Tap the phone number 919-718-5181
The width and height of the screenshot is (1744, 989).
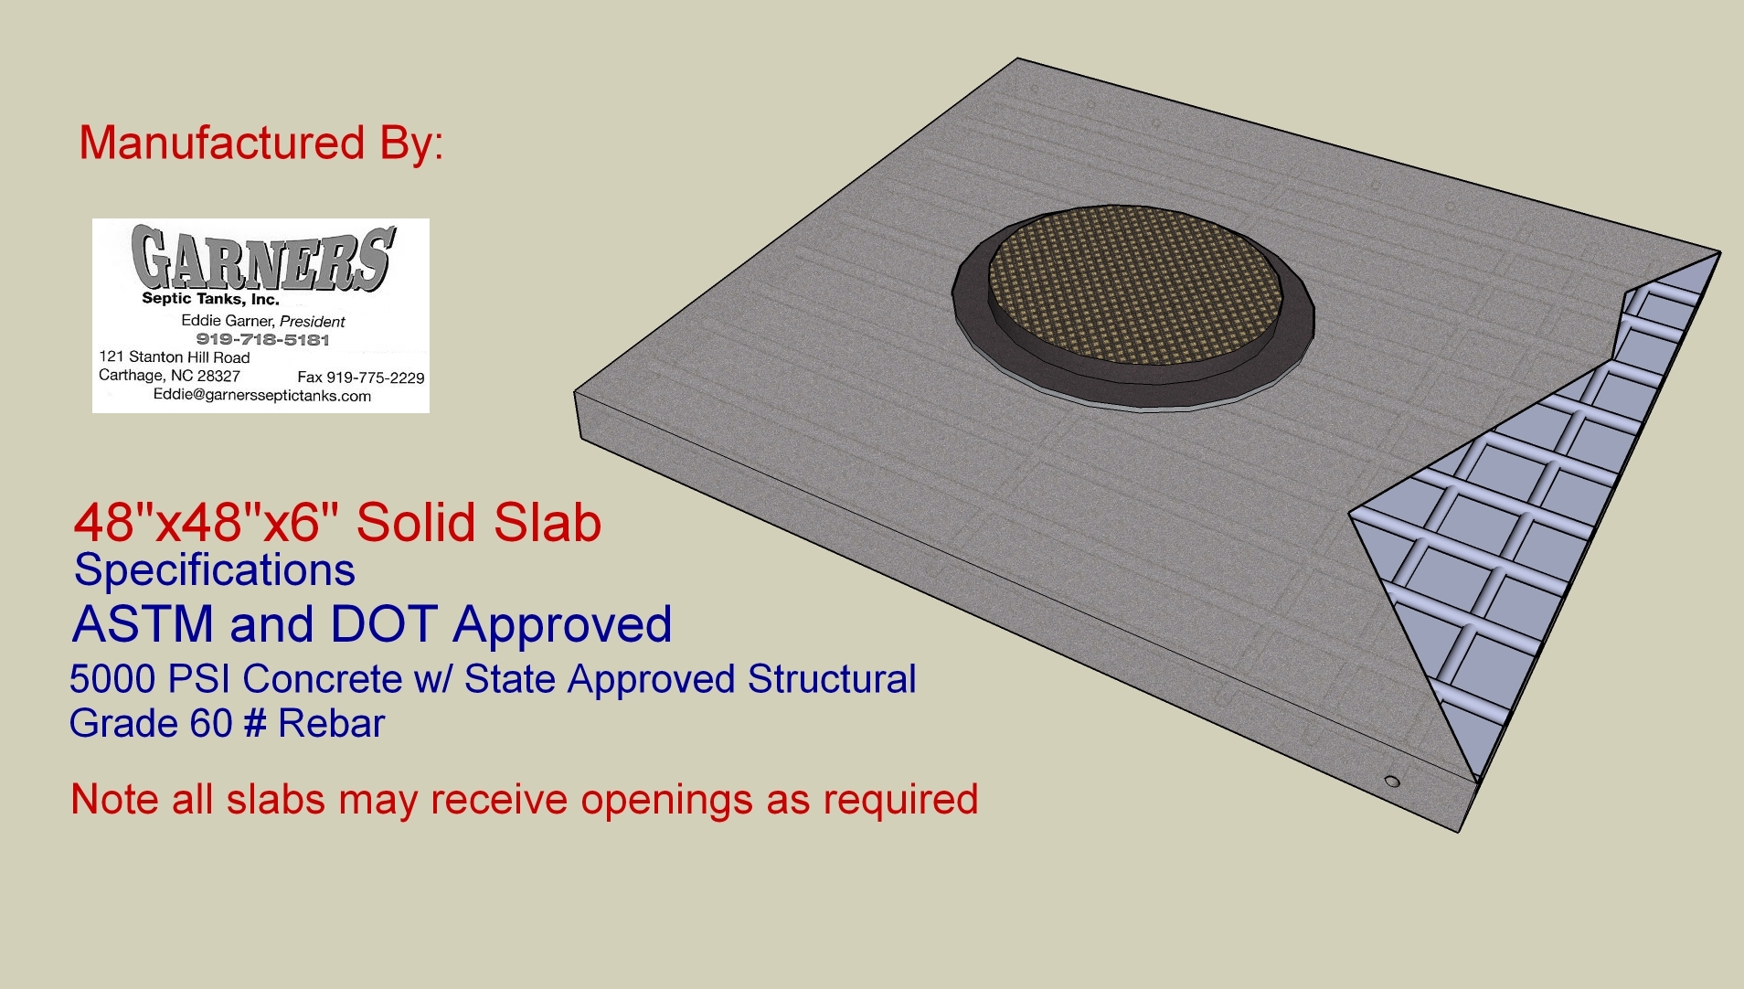[x=262, y=339]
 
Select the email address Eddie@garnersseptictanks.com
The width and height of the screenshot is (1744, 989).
[x=262, y=396]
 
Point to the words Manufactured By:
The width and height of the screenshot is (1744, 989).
[x=261, y=143]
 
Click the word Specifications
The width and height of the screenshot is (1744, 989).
[x=215, y=571]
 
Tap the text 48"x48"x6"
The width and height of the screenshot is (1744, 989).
[x=207, y=523]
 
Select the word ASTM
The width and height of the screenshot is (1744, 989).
[x=144, y=624]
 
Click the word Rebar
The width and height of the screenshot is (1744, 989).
[x=331, y=724]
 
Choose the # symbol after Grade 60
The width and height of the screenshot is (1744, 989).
[x=256, y=724]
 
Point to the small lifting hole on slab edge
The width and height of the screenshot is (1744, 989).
[x=1392, y=782]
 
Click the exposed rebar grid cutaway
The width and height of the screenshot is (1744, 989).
[x=1536, y=512]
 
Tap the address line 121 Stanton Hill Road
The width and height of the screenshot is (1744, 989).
[x=175, y=356]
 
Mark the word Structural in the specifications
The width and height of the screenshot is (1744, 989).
[x=832, y=679]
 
